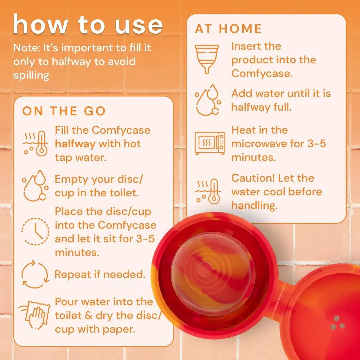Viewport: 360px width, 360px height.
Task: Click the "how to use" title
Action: (x=88, y=25)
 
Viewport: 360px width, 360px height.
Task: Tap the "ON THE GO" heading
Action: (x=64, y=111)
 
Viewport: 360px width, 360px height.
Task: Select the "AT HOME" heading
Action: (x=228, y=29)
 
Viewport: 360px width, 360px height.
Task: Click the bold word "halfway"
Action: (x=75, y=144)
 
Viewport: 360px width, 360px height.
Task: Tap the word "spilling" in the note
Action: (x=31, y=75)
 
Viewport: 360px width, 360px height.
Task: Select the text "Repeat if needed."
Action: (x=100, y=274)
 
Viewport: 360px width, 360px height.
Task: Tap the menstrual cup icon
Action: (x=207, y=59)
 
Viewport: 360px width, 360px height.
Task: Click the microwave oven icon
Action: (x=210, y=143)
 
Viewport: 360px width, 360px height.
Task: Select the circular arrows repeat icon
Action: (x=35, y=275)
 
